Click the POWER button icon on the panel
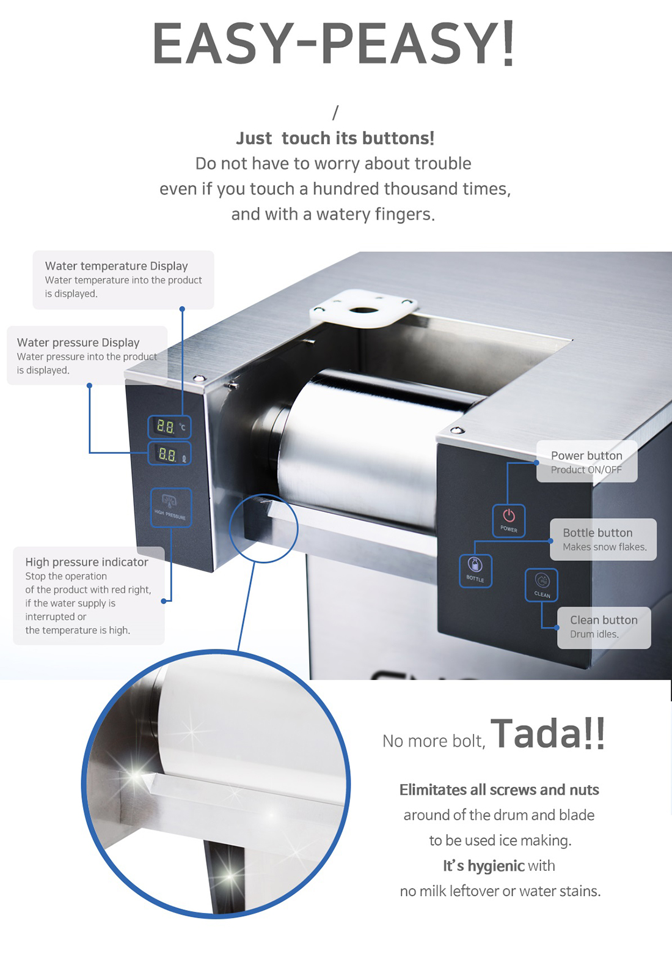(508, 520)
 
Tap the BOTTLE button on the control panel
(475, 571)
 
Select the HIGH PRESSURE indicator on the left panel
(171, 507)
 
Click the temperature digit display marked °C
(169, 427)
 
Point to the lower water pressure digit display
(169, 454)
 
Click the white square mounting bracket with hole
(363, 308)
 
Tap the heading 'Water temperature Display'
(116, 266)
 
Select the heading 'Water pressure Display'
(78, 342)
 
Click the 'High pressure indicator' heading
(87, 562)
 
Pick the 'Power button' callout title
(586, 455)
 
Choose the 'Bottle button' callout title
(597, 533)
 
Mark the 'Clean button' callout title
(604, 620)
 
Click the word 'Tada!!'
(547, 734)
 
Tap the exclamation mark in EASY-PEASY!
(508, 43)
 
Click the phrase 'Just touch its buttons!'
(335, 138)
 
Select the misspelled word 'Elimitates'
(433, 790)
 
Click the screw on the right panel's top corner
(457, 430)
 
